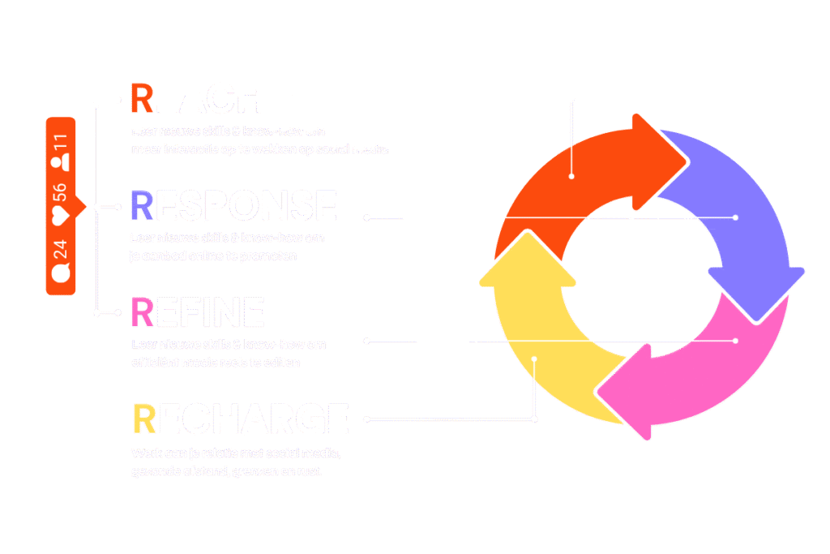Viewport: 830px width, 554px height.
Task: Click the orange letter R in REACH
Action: click(x=141, y=98)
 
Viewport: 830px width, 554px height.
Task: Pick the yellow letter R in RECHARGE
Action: click(x=143, y=419)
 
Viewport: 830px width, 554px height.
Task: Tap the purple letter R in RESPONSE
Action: click(x=141, y=206)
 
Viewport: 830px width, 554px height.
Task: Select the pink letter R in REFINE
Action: click(x=141, y=312)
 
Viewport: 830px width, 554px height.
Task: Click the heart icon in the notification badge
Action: click(x=61, y=215)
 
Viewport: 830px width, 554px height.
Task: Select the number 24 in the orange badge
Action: click(x=61, y=247)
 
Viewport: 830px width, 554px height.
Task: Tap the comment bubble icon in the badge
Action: click(x=61, y=273)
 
